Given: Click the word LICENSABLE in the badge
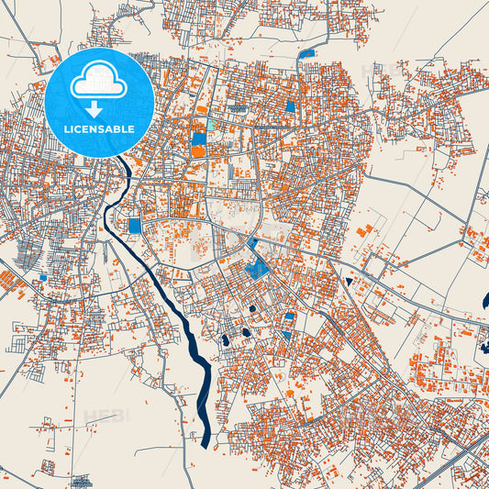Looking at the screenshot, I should (x=99, y=129).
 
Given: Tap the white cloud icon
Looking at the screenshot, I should (x=99, y=80).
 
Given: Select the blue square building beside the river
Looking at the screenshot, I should (x=135, y=226).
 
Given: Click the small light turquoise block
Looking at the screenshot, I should (x=212, y=125).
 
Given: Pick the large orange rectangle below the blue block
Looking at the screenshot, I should (x=199, y=151).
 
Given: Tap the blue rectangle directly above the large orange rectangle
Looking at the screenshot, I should (x=199, y=139).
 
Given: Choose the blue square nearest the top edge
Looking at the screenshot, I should (x=306, y=53).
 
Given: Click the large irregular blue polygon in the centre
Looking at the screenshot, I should (x=259, y=268).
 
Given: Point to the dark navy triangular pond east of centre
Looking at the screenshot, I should (x=350, y=281).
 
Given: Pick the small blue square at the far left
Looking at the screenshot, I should (x=42, y=276).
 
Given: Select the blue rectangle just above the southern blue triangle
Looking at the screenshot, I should (x=289, y=317).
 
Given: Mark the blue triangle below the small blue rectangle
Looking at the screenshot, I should (x=286, y=335).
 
